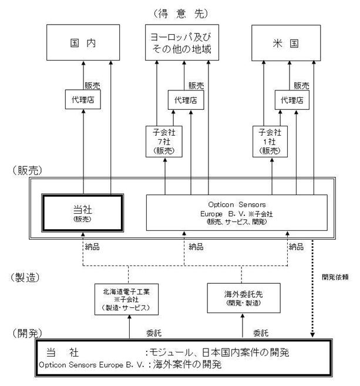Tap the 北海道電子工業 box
pyautogui.click(x=129, y=299)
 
